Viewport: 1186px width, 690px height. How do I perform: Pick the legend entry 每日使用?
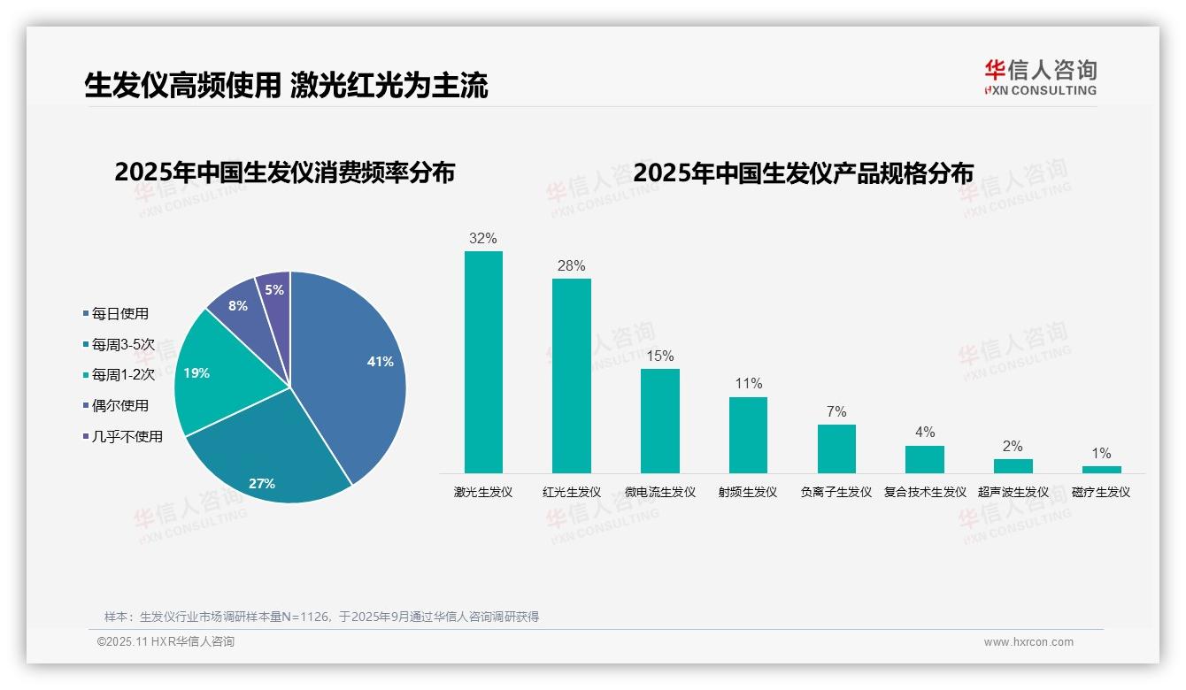coord(119,313)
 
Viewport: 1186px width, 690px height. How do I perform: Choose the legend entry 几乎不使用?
coord(127,436)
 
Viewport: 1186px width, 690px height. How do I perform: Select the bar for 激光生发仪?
coord(483,363)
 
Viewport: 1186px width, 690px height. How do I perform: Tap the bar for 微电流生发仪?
coord(659,421)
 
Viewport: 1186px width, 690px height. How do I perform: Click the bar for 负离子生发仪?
coord(836,448)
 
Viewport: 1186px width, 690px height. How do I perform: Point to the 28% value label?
coord(571,265)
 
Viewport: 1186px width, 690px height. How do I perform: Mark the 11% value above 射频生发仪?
coord(748,383)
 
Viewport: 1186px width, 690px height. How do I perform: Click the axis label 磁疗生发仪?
coord(1101,492)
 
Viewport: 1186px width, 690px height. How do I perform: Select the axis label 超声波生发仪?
coord(1013,492)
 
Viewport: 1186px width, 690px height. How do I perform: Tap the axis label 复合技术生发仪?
coord(925,492)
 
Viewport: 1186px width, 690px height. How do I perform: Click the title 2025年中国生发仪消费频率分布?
coord(284,172)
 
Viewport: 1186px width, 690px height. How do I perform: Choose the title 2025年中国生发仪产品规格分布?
coord(803,172)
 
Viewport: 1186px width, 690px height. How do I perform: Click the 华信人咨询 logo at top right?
coord(1040,77)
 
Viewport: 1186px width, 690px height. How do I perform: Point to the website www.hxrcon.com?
coord(1028,642)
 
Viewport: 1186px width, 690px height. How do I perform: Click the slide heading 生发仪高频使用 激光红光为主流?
coord(286,85)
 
